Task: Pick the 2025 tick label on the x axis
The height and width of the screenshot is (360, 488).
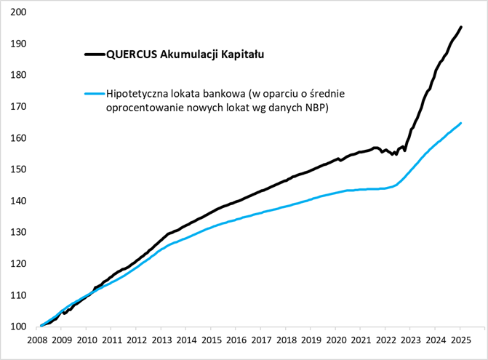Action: pos(460,340)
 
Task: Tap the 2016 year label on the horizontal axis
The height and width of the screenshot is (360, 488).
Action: pos(236,340)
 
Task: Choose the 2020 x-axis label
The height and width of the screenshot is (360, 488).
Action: pos(335,340)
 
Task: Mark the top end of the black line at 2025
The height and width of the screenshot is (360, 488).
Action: pos(461,27)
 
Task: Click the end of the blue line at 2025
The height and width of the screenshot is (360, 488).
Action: pos(461,123)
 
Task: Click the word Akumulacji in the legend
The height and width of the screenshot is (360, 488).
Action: pos(185,54)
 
